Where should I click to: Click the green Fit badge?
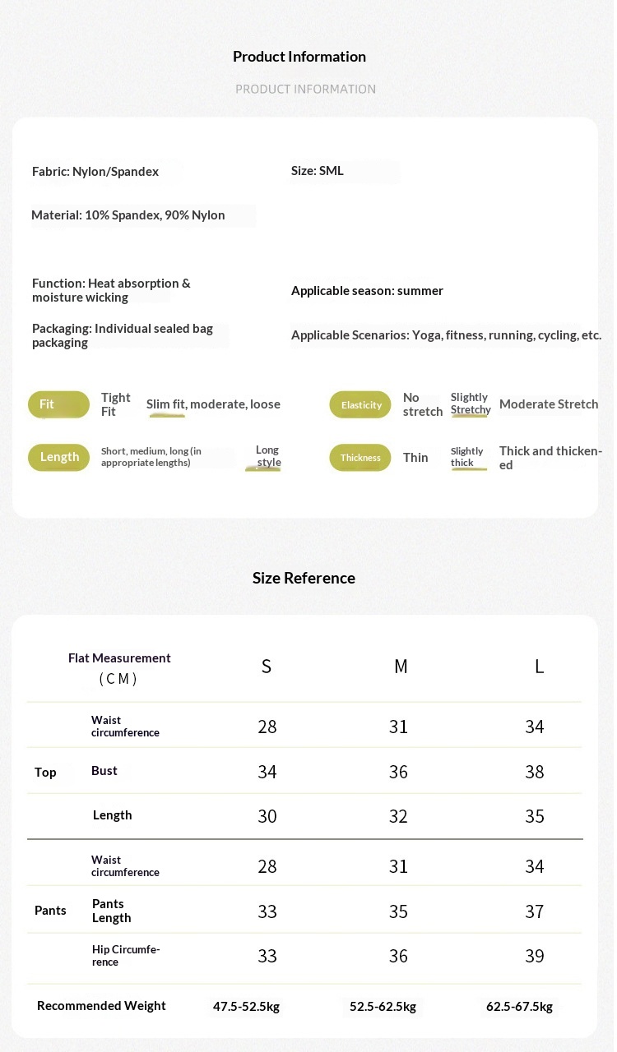click(x=58, y=404)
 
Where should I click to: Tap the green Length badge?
click(x=59, y=457)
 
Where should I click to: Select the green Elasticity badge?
click(x=360, y=404)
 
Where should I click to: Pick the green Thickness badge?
click(x=360, y=458)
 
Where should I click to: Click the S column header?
click(x=267, y=667)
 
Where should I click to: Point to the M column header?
click(x=401, y=667)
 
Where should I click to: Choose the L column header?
click(x=539, y=667)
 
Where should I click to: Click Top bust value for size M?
click(x=398, y=772)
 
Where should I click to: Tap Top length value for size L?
click(x=535, y=816)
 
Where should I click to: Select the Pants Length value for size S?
click(x=267, y=911)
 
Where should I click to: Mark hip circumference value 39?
click(x=535, y=956)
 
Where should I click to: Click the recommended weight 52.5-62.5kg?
click(x=383, y=1007)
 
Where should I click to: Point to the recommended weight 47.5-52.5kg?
click(x=246, y=1007)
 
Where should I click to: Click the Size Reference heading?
click(x=304, y=578)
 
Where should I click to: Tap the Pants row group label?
click(x=50, y=910)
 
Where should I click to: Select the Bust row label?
click(x=104, y=771)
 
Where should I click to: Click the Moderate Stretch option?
click(x=549, y=404)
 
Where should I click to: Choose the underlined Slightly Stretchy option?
click(x=471, y=404)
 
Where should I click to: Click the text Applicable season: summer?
click(x=367, y=291)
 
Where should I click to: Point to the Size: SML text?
click(x=318, y=171)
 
